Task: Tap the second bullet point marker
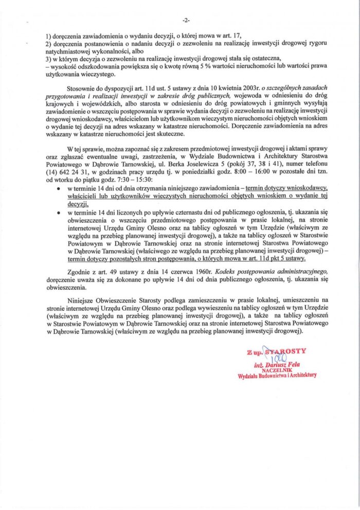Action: pos(61,212)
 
